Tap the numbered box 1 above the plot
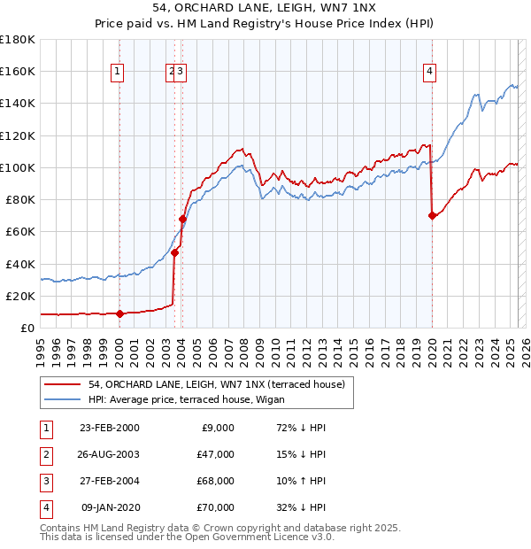[119, 73]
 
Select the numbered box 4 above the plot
[430, 73]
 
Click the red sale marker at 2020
[432, 215]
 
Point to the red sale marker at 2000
[119, 313]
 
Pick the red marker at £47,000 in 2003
[175, 252]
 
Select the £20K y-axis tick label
[20, 296]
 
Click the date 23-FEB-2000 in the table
[109, 428]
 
